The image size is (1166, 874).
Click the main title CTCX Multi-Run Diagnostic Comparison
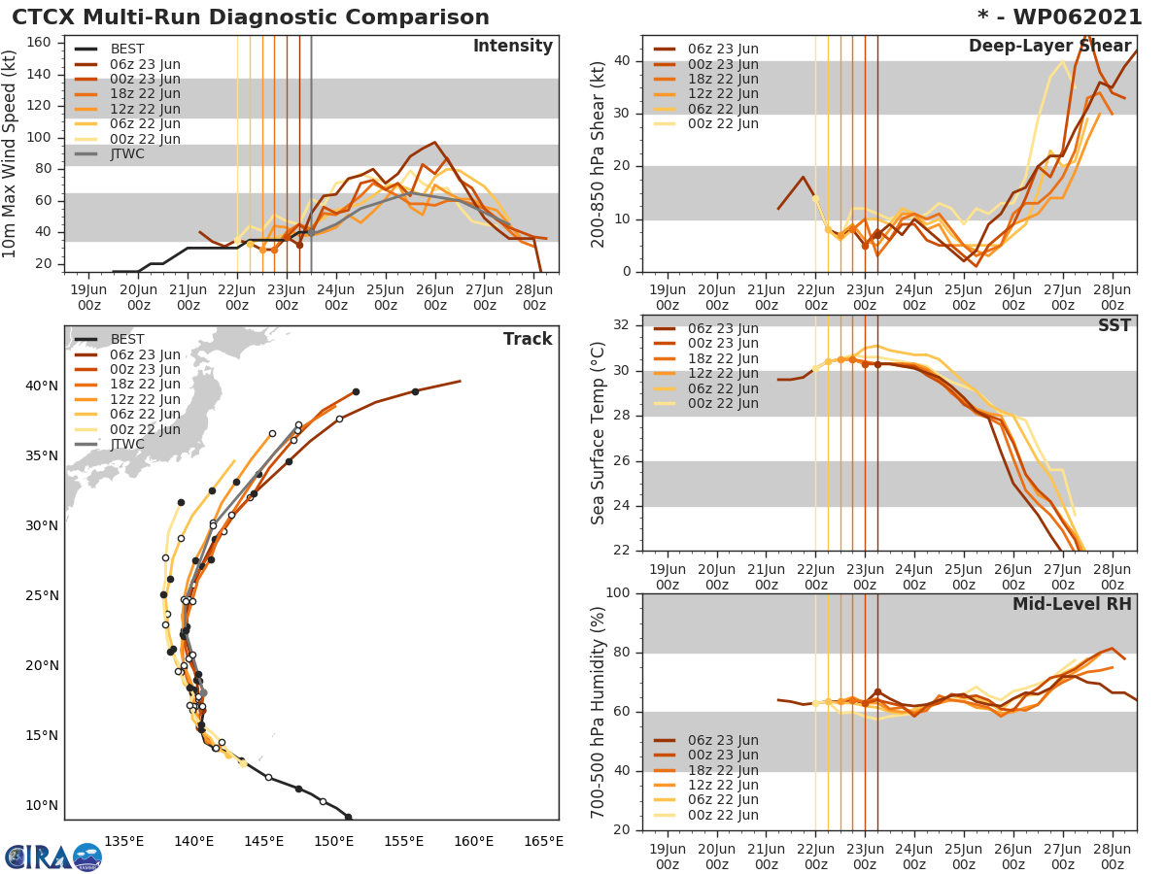point(251,17)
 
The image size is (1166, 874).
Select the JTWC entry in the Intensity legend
point(127,153)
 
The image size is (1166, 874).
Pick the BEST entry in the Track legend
point(127,340)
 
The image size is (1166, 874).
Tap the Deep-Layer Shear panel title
point(1049,47)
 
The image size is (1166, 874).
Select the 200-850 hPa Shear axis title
point(599,153)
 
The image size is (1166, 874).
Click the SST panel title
point(1115,325)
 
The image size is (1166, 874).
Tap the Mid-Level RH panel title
point(1072,605)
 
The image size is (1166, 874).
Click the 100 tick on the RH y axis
point(619,593)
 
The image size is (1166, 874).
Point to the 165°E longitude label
point(543,841)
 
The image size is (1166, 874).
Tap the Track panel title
point(528,339)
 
